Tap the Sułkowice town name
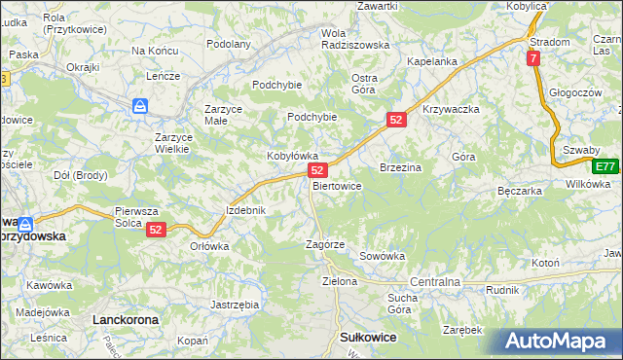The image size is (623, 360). pyautogui.click(x=367, y=336)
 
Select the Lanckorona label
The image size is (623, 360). pyautogui.click(x=124, y=318)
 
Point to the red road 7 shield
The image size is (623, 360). pyautogui.click(x=534, y=59)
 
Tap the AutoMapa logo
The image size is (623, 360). pyautogui.click(x=562, y=341)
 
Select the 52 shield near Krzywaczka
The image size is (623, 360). pyautogui.click(x=395, y=119)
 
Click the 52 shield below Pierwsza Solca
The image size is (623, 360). pyautogui.click(x=156, y=230)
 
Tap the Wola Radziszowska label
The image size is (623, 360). pyautogui.click(x=354, y=38)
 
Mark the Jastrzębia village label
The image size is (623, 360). pyautogui.click(x=235, y=304)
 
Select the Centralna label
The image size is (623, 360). pyautogui.click(x=434, y=281)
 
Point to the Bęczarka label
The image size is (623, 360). pyautogui.click(x=518, y=191)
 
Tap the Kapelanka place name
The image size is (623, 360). pyautogui.click(x=432, y=61)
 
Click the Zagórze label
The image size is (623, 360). pyautogui.click(x=325, y=244)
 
